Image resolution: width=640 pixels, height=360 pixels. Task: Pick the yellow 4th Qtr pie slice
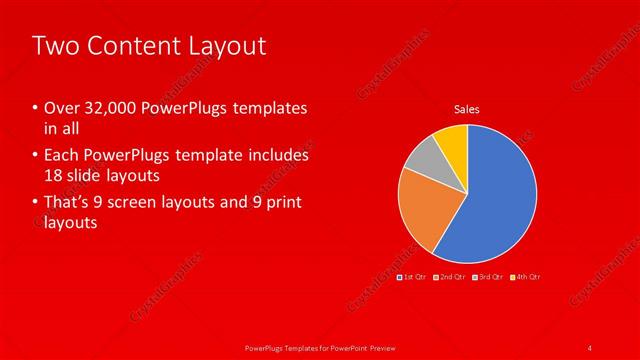pos(453,140)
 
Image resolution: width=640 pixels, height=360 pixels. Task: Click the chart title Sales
pos(467,108)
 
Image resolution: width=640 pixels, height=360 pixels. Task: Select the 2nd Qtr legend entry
pos(450,276)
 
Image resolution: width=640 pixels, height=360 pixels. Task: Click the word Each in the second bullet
pos(59,156)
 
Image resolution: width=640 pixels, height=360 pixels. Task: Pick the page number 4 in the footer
pos(590,347)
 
